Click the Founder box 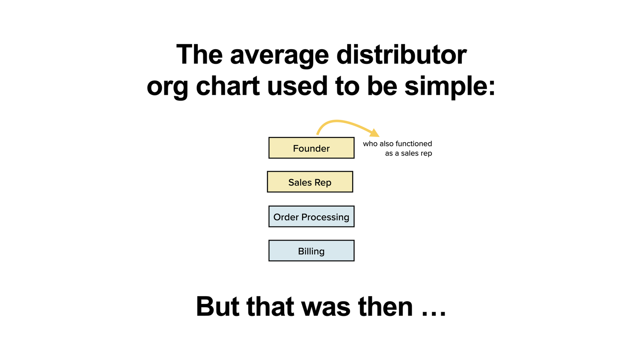311,148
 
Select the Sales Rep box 310,182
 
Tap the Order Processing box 311,217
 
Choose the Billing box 311,250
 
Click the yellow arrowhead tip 379,137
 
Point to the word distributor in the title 401,54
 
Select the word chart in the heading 228,86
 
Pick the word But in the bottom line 217,306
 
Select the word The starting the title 199,54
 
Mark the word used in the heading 297,86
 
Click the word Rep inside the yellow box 323,183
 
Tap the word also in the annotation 386,143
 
